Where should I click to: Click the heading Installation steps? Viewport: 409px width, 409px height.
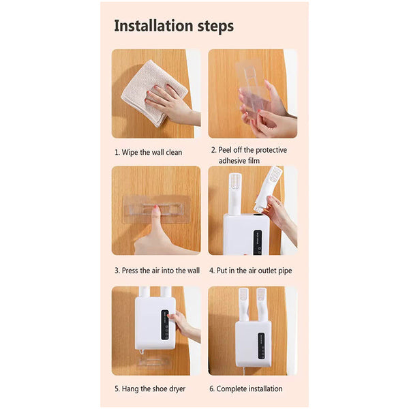click(x=174, y=26)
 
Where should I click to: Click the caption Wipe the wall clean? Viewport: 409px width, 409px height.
click(x=148, y=152)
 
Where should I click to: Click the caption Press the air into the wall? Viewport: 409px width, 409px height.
click(x=157, y=271)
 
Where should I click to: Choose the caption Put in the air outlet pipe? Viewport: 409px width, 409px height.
click(x=252, y=271)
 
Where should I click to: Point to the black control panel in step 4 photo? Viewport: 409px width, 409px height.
click(x=258, y=242)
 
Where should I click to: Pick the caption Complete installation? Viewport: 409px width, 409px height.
click(x=246, y=389)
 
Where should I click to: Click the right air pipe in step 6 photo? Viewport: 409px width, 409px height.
click(x=260, y=303)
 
